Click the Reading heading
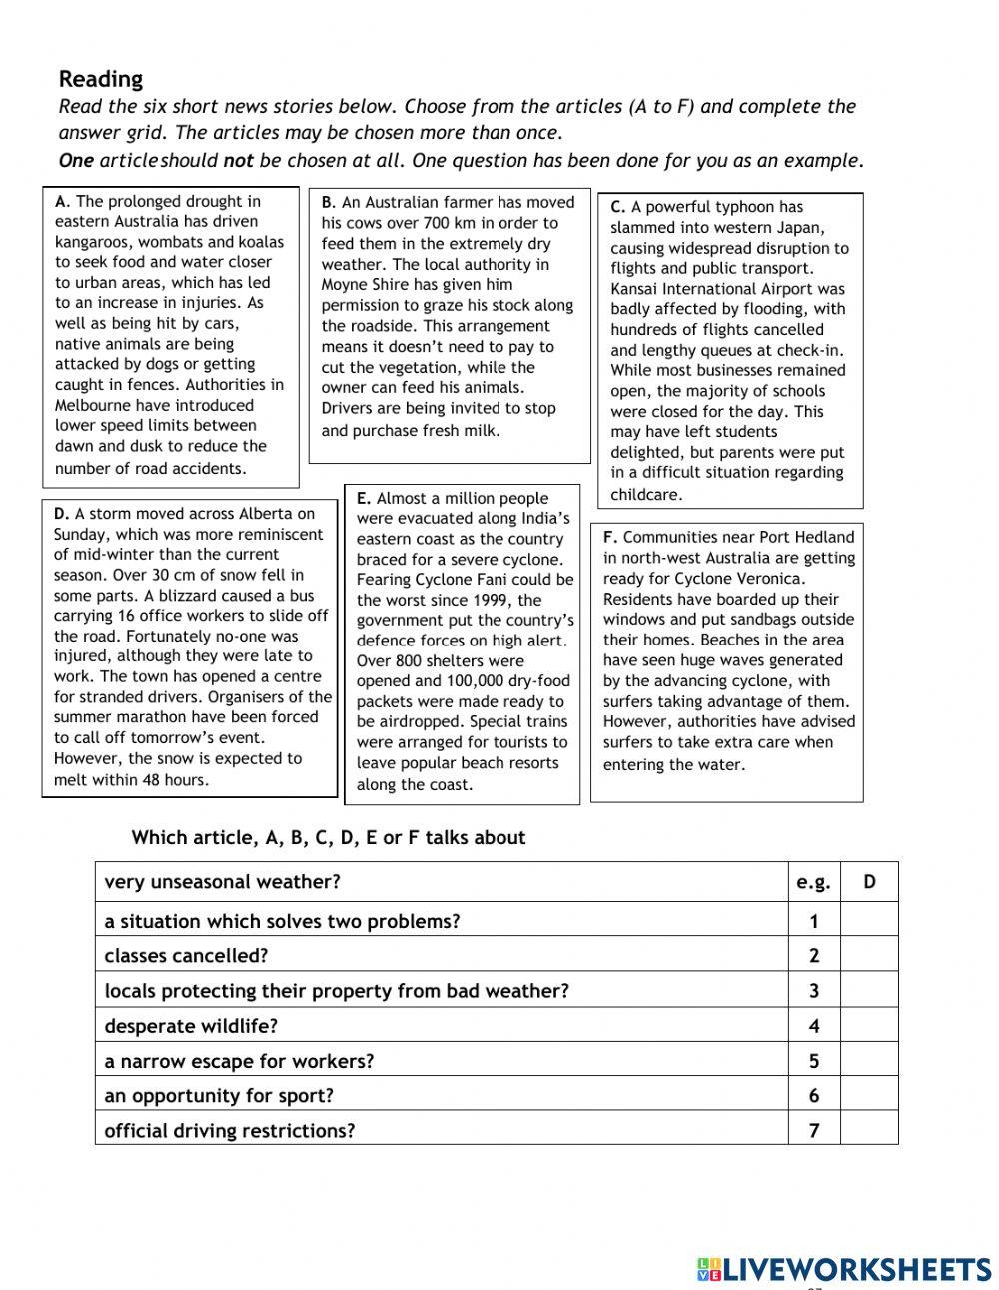[x=101, y=79]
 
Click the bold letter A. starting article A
[x=63, y=201]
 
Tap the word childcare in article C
[x=645, y=494]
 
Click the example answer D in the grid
[x=869, y=882]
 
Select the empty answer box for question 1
[x=869, y=921]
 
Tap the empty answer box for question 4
[x=869, y=1026]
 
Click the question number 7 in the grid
[x=814, y=1131]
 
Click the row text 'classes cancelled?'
[x=186, y=956]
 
